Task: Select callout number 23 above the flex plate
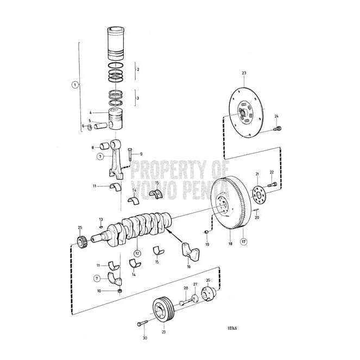point(244,73)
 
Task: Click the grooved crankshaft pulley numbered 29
point(161,311)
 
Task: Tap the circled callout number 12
point(137,253)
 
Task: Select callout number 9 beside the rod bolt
point(141,154)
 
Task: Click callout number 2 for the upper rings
point(138,70)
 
